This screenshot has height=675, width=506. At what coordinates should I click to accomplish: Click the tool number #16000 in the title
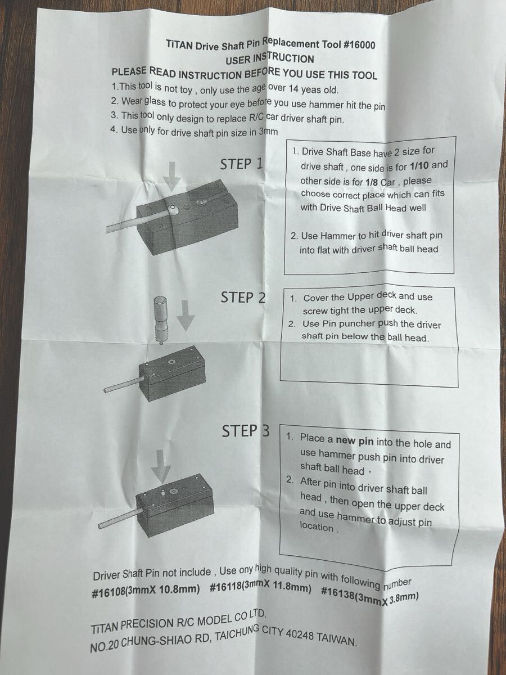coord(359,45)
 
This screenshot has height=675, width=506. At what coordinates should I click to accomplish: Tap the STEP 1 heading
coord(242,164)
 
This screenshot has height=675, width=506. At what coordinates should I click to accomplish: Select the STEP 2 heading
coord(243,298)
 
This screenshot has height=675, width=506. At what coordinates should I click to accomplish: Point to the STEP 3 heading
coord(246,430)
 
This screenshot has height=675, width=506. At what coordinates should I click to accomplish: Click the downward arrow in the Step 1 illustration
coord(171,176)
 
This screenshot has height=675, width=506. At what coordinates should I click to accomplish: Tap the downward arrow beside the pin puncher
coord(186,315)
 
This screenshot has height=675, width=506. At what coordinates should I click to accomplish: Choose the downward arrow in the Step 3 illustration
coord(161,466)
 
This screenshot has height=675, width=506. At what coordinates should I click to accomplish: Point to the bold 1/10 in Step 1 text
coord(419,166)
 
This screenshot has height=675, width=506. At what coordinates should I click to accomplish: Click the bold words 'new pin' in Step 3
coord(355,442)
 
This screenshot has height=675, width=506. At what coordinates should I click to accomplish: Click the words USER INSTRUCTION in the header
coord(270,58)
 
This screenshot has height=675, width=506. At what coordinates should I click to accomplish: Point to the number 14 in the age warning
coord(293,89)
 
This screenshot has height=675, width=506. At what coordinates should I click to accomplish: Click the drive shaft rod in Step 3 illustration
coord(121,519)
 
